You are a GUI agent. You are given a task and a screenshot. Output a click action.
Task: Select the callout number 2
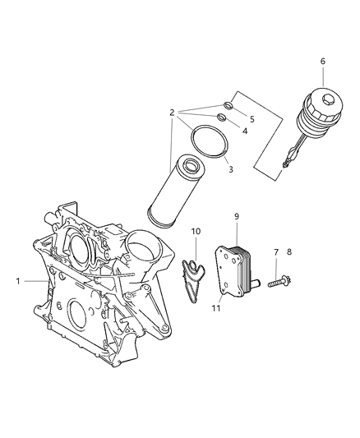click(170, 113)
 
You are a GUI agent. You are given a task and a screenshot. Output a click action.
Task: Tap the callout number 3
click(231, 169)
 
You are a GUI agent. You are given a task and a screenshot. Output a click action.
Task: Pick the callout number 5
click(252, 118)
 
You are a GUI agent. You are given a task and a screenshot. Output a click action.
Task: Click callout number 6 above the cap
click(322, 61)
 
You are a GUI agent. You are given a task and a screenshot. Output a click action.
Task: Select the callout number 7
click(275, 252)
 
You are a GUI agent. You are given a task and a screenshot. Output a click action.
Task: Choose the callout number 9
click(235, 216)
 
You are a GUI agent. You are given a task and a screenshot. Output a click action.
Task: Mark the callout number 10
click(196, 231)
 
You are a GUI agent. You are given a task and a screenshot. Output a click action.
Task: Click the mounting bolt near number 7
click(277, 282)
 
